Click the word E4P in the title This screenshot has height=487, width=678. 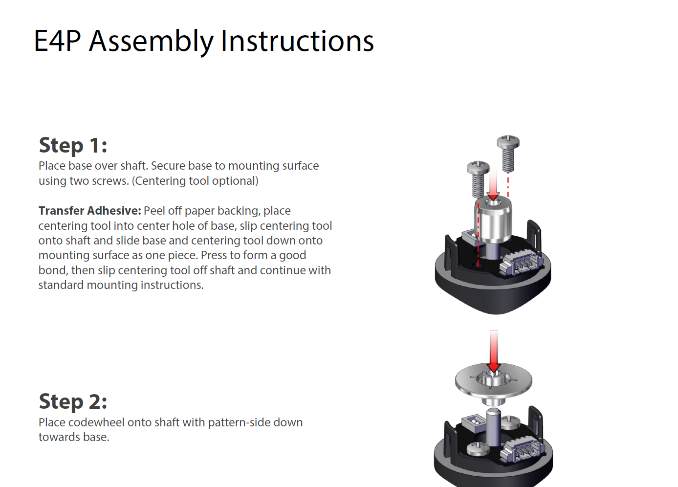click(x=57, y=41)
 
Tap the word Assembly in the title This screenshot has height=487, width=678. click(x=151, y=42)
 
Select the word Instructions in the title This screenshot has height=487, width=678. click(x=297, y=41)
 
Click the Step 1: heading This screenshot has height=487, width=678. click(x=73, y=145)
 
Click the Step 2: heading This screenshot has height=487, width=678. click(x=73, y=401)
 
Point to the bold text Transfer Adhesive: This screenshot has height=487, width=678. click(x=89, y=211)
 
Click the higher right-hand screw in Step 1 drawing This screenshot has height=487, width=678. click(x=508, y=152)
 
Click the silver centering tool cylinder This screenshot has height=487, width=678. click(x=493, y=221)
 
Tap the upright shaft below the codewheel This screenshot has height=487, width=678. click(x=493, y=427)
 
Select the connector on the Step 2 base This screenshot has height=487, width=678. click(x=522, y=447)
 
